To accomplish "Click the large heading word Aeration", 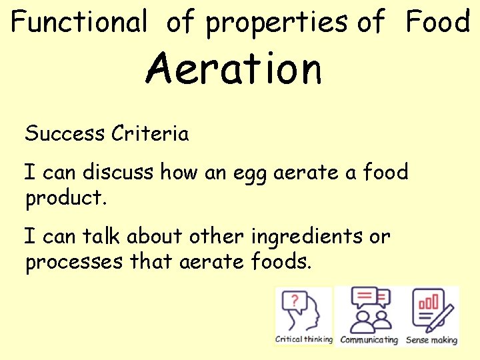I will click(234, 69).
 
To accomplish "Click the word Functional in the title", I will click(79, 23).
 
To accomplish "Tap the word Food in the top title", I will click(438, 23).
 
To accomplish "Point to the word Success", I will click(65, 134).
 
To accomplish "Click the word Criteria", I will click(151, 134).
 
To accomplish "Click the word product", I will click(65, 198).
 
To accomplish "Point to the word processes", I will click(74, 263).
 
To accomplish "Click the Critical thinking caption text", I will click(304, 339).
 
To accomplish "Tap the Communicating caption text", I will click(369, 340).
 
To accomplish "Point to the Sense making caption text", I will click(432, 340).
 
